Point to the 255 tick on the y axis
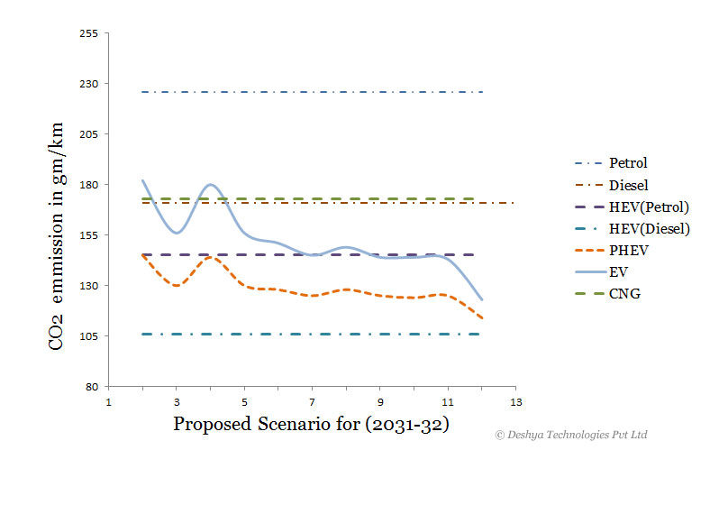pos(89,33)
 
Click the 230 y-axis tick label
pos(89,84)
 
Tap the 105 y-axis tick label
pos(89,336)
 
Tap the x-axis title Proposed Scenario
pos(311,424)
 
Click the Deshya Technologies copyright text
pos(571,435)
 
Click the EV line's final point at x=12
pos(482,299)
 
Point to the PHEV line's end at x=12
pos(482,317)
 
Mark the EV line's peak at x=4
pos(211,185)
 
